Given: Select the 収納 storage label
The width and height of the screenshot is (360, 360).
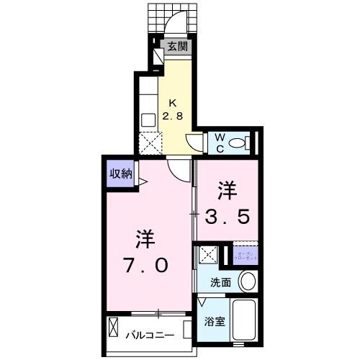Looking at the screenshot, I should pyautogui.click(x=121, y=173).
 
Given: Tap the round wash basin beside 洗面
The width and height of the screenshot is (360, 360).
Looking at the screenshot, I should pyautogui.click(x=247, y=281).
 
